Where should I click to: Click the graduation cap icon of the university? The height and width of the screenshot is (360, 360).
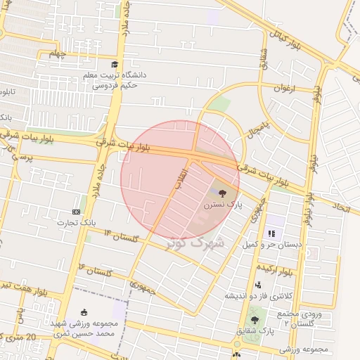click(115, 65)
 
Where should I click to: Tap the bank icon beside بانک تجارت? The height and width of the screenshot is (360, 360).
click(76, 212)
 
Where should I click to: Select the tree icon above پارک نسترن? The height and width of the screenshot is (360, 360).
click(223, 192)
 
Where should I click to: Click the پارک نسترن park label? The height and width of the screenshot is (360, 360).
click(223, 205)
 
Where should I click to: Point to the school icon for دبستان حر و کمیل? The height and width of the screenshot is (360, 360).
click(271, 233)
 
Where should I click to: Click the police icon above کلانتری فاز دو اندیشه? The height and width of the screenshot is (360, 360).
click(259, 285)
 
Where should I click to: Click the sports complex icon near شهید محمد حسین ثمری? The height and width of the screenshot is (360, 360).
click(85, 312)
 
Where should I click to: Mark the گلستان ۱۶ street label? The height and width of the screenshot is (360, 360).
click(96, 269)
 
